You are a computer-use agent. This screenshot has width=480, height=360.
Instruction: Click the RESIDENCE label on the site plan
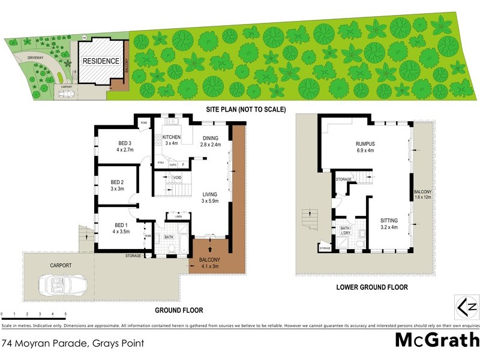[101, 61]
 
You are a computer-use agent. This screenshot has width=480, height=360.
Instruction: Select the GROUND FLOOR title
[179, 310]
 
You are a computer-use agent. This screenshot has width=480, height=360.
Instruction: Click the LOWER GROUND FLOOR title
[373, 287]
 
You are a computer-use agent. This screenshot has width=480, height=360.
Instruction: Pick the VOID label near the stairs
[178, 178]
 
